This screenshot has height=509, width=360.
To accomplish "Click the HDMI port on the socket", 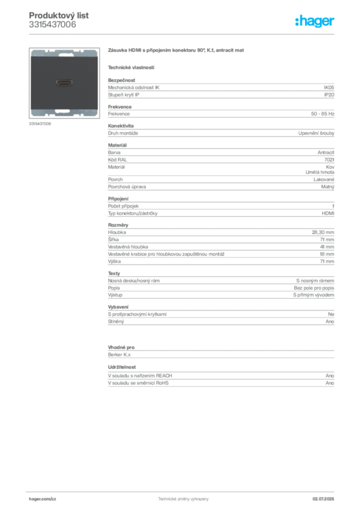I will pyautogui.click(x=63, y=82).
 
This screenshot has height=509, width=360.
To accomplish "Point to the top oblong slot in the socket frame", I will pyautogui.click(x=63, y=54).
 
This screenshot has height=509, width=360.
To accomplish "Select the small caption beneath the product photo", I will pyautogui.click(x=40, y=124).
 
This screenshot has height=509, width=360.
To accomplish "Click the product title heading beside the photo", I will pyautogui.click(x=177, y=51).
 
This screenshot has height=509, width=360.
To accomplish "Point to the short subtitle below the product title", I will pyautogui.click(x=131, y=67).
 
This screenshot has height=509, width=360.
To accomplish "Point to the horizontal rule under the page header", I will pyautogui.click(x=183, y=34).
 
